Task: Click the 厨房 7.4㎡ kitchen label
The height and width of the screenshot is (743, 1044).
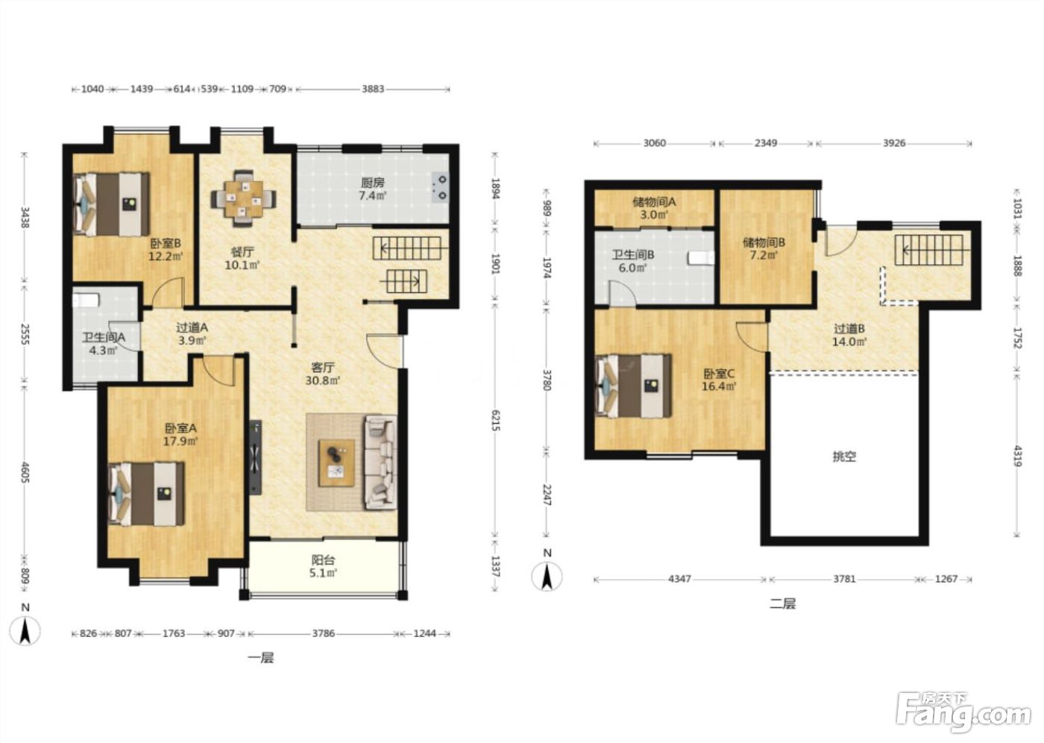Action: point(373,189)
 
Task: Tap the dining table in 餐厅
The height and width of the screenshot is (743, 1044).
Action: point(243,199)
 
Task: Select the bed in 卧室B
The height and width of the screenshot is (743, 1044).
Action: point(111,204)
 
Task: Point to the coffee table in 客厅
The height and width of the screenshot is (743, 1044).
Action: point(336,463)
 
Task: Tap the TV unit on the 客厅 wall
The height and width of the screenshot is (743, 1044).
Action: point(255,457)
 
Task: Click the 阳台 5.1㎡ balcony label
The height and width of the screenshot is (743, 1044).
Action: point(323,566)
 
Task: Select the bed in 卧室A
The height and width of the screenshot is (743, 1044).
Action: point(146,494)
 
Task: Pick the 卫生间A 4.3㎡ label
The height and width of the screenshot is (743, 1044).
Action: point(104,344)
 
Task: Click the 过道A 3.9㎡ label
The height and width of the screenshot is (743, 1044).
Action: point(192,333)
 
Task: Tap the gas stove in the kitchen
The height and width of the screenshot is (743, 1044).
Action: point(440,187)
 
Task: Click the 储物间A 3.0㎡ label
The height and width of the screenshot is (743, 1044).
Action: point(654,208)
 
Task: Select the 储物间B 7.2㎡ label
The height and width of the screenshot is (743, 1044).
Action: point(764,249)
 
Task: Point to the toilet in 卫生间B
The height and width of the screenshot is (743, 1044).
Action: point(701,258)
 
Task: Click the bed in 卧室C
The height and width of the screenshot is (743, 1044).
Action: point(633,386)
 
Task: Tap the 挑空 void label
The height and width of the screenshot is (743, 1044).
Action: point(844,457)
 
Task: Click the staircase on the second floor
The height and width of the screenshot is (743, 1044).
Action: point(928,250)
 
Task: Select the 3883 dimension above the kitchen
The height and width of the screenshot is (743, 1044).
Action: point(373,89)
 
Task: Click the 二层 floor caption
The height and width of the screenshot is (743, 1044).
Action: point(782,604)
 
